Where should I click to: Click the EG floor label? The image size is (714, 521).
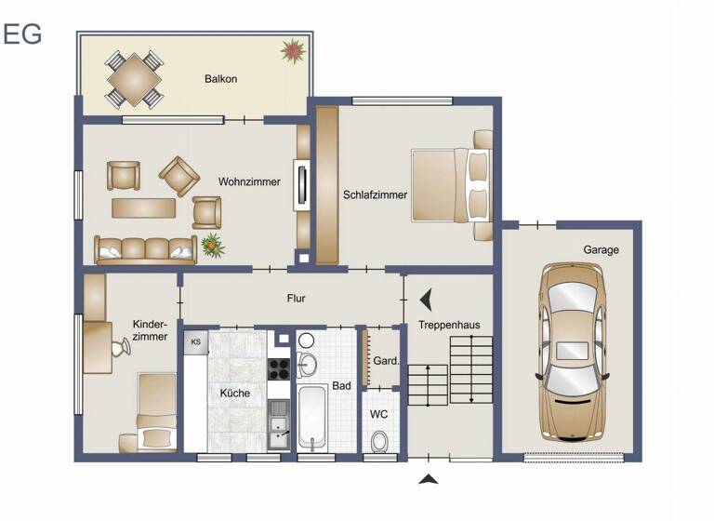(22, 33)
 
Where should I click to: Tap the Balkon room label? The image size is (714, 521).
(220, 79)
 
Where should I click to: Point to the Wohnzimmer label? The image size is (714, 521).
(249, 182)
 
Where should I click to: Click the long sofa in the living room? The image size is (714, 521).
(145, 248)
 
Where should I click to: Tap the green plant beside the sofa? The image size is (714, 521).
(213, 246)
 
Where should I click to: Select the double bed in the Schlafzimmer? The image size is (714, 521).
(450, 186)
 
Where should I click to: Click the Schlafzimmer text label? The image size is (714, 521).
(375, 195)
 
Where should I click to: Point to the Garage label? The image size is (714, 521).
(601, 250)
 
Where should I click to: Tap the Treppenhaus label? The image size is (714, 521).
(449, 325)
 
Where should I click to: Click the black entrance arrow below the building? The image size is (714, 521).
(428, 479)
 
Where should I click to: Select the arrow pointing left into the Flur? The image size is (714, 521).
(426, 300)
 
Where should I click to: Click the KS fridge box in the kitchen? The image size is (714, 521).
(195, 342)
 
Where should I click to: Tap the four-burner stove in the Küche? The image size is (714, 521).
(279, 368)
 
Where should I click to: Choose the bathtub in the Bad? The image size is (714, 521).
(311, 419)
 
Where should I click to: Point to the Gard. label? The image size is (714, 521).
(386, 361)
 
